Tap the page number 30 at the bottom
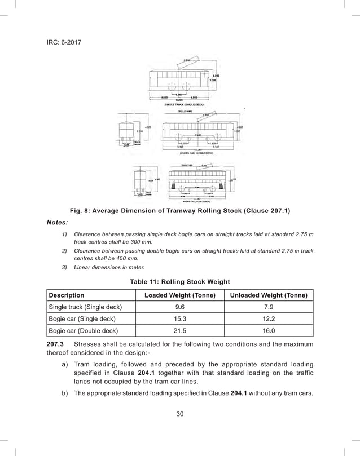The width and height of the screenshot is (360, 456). click(x=180, y=414)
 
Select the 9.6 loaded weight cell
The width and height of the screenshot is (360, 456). click(x=180, y=307)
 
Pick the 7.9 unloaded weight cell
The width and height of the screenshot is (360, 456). click(x=269, y=307)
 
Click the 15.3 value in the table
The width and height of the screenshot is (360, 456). click(x=180, y=318)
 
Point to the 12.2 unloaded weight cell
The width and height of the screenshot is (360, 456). click(x=269, y=318)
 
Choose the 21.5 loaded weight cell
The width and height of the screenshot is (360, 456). click(x=180, y=330)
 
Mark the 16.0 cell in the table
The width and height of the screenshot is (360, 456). click(x=269, y=330)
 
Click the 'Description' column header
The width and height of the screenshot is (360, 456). click(x=67, y=295)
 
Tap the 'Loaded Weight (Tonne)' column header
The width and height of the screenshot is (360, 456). click(x=180, y=295)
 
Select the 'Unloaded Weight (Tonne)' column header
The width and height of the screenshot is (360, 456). click(x=269, y=295)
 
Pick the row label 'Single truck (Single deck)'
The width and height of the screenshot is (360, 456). click(x=85, y=307)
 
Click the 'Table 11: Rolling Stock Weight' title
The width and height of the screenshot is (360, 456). click(x=180, y=281)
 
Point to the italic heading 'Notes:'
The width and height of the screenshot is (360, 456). click(x=58, y=223)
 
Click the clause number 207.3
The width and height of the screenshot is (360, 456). click(x=55, y=344)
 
